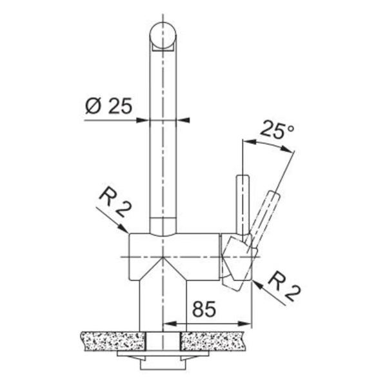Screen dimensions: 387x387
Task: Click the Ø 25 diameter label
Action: (108, 106)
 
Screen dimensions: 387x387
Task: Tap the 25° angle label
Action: (277, 130)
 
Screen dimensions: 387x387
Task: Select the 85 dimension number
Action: (204, 309)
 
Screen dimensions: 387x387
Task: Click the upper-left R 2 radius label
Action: (115, 202)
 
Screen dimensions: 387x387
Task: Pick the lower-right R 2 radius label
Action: (284, 286)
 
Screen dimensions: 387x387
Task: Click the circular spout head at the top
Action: (163, 35)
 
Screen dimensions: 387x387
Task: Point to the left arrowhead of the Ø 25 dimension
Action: (143, 120)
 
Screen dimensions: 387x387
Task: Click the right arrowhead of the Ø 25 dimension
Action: (183, 120)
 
